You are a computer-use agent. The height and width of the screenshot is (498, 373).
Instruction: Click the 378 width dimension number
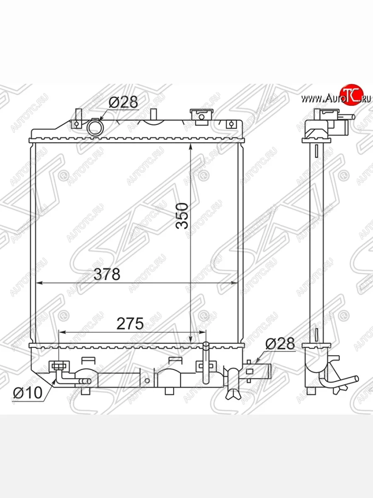pyautogui.click(x=107, y=274)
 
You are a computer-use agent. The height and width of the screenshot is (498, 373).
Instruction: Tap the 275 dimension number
pyautogui.click(x=130, y=323)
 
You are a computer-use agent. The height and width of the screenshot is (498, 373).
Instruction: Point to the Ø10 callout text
pyautogui.click(x=28, y=392)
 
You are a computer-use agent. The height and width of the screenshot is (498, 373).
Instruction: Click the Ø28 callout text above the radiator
pyautogui.click(x=123, y=102)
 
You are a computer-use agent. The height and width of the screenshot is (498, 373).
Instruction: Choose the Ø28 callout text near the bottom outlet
pyautogui.click(x=280, y=344)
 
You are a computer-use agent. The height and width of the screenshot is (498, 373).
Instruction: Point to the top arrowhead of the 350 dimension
pyautogui.click(x=190, y=146)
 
